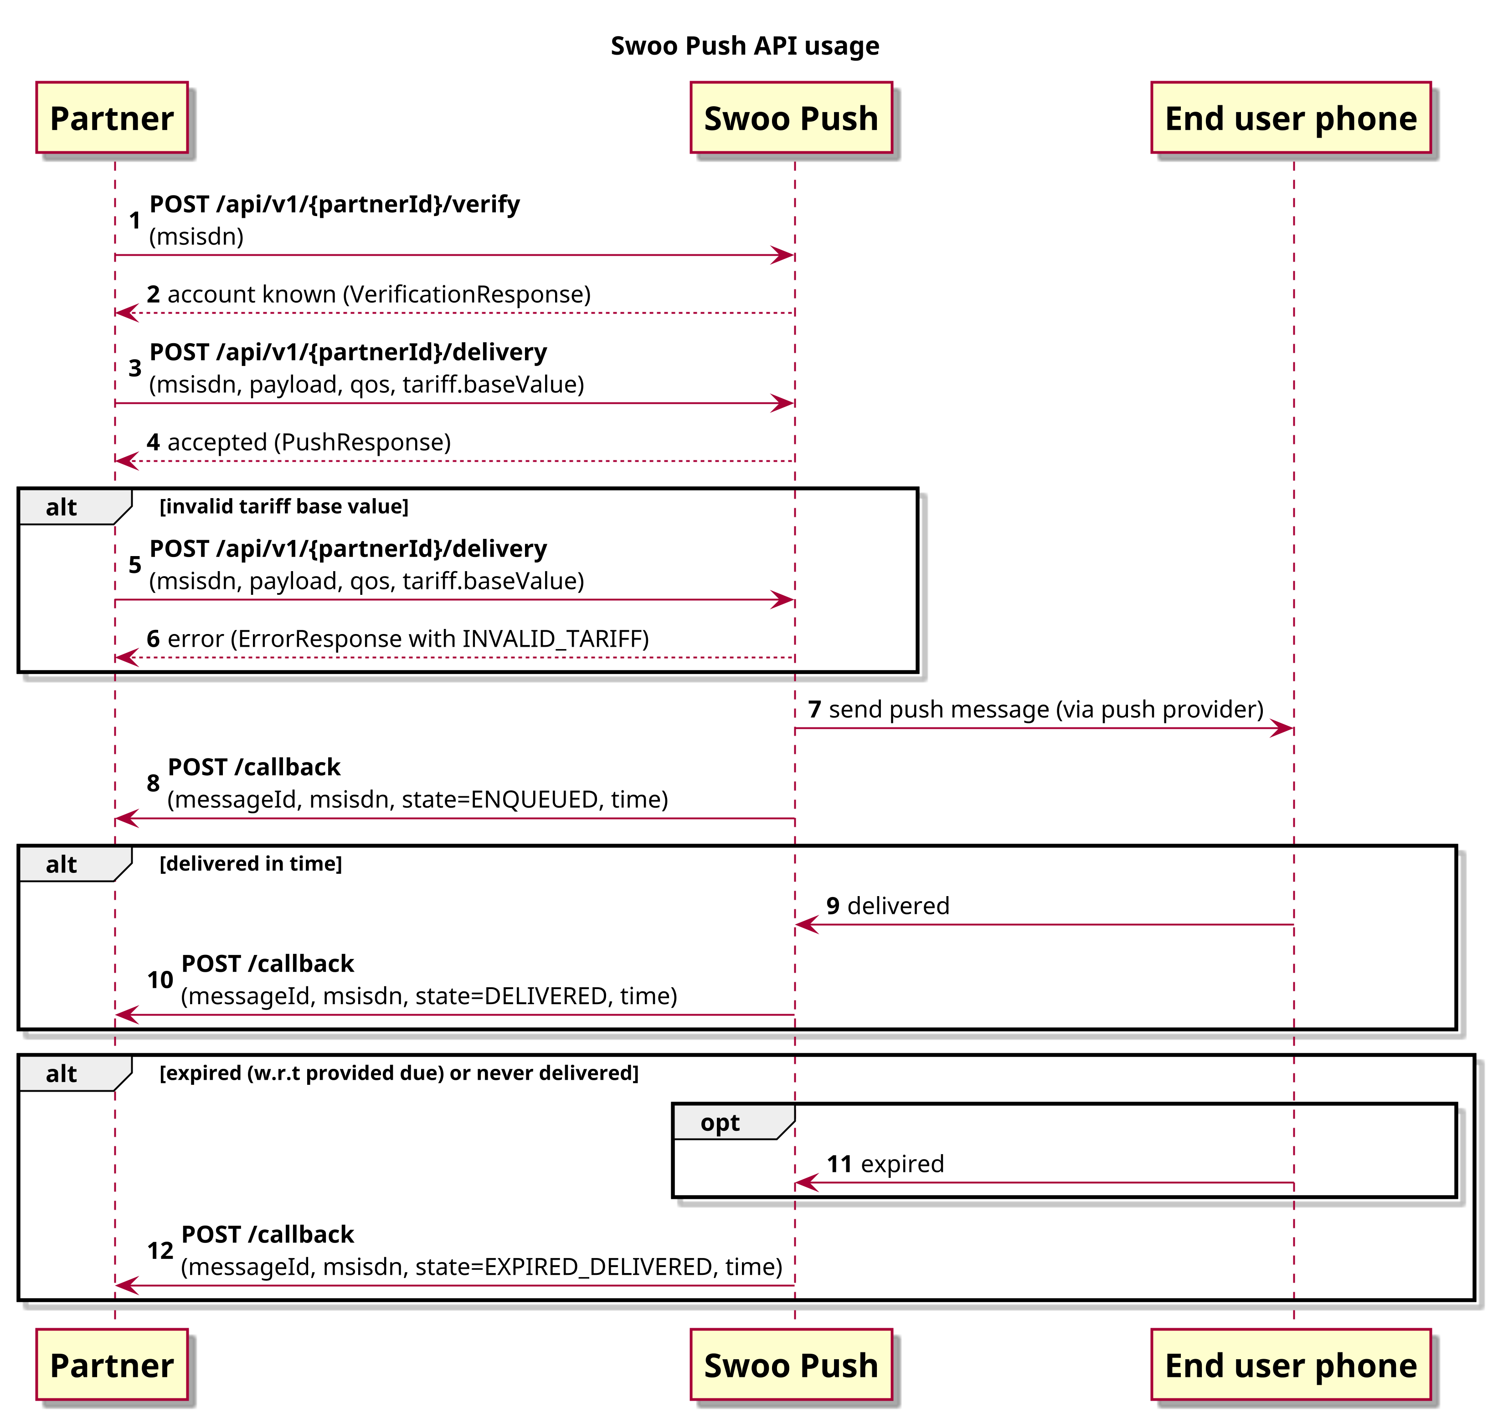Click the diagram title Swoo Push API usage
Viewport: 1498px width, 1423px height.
tap(745, 46)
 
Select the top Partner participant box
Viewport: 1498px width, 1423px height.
tap(112, 118)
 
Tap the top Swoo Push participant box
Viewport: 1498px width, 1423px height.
tap(791, 118)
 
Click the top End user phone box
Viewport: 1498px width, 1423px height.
tap(1291, 118)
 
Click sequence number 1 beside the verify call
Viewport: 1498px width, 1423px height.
tap(134, 221)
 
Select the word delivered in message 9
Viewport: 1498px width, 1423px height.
tap(898, 906)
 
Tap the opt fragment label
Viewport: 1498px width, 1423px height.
tap(720, 1123)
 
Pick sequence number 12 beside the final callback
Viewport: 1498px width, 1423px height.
tap(160, 1251)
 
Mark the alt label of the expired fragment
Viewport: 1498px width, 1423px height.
tap(62, 1074)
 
